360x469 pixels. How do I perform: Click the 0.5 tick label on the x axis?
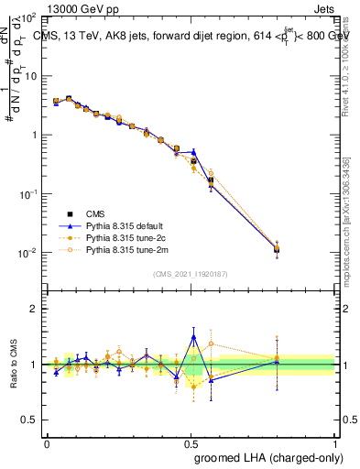(191, 442)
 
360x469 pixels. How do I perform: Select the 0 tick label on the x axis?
(47, 442)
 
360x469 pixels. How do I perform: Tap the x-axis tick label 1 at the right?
(336, 442)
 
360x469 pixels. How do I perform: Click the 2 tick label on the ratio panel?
(34, 309)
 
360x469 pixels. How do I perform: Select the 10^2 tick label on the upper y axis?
(28, 17)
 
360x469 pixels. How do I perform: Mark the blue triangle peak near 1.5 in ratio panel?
(193, 336)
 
